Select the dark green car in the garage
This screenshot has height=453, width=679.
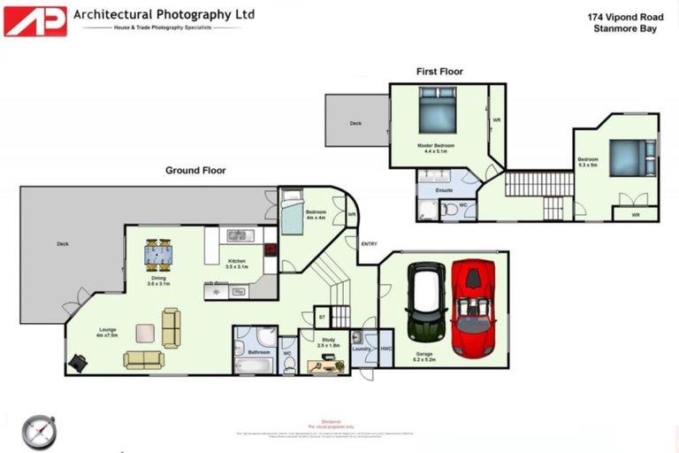point(426,301)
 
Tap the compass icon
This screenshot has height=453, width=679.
point(38,431)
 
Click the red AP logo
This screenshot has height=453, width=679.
point(35,20)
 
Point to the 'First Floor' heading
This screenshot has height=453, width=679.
point(439,72)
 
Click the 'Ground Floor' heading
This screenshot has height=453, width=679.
point(195,171)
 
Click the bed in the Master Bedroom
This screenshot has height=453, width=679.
point(438,115)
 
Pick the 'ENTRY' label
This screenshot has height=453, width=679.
point(369,244)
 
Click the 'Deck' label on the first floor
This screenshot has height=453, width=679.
point(355,124)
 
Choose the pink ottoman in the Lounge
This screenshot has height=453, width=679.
point(144,333)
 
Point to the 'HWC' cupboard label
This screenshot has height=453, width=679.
point(385,349)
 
